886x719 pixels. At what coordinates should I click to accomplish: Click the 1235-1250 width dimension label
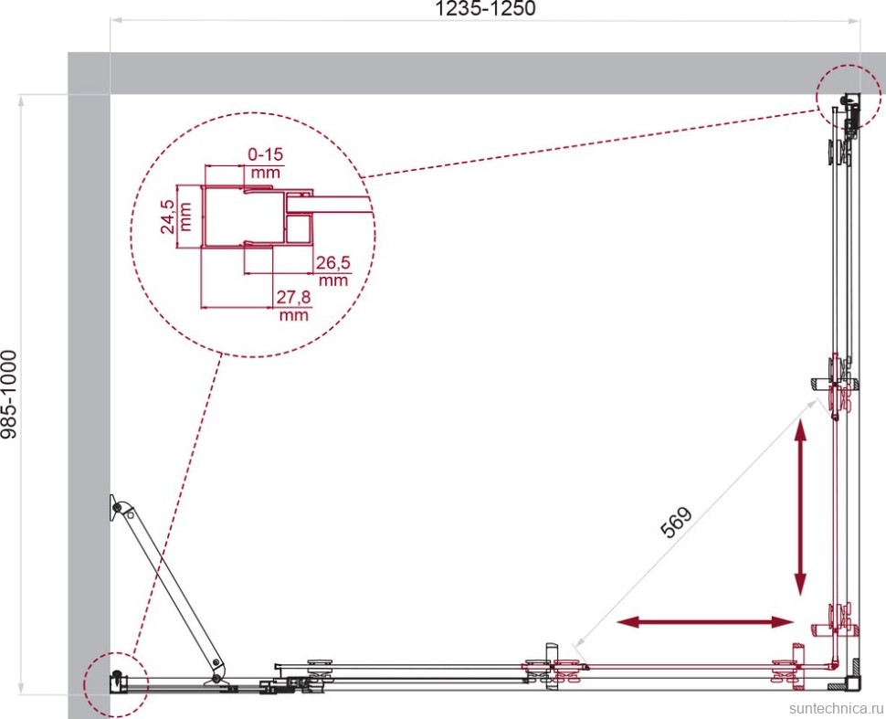(x=485, y=8)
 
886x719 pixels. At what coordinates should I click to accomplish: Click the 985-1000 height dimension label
(x=10, y=395)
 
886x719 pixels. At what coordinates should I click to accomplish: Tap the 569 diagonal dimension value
(x=676, y=522)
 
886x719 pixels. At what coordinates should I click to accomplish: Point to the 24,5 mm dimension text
(x=176, y=217)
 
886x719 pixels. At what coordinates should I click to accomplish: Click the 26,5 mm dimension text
(x=333, y=270)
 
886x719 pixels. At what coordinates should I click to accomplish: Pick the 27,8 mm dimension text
(x=294, y=305)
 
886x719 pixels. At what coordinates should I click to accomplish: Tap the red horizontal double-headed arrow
(x=705, y=622)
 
